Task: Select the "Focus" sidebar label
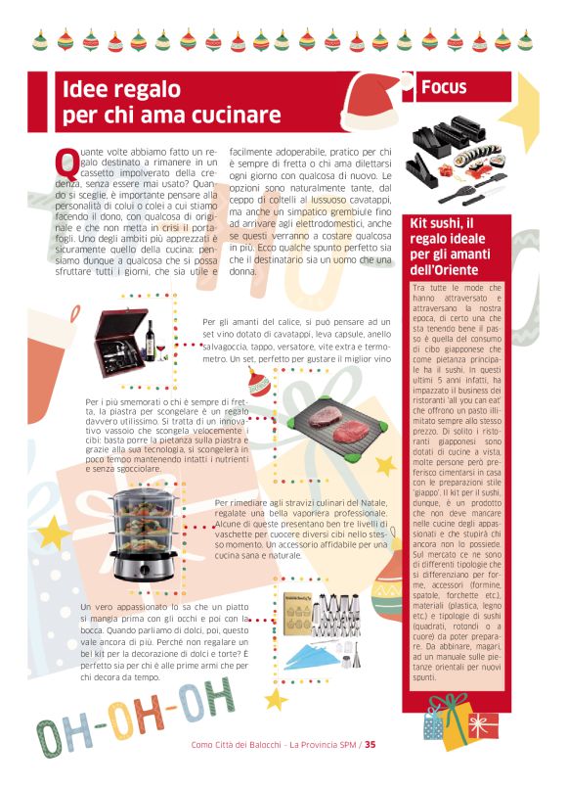[x=444, y=88]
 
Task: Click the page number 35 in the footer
[x=371, y=745]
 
